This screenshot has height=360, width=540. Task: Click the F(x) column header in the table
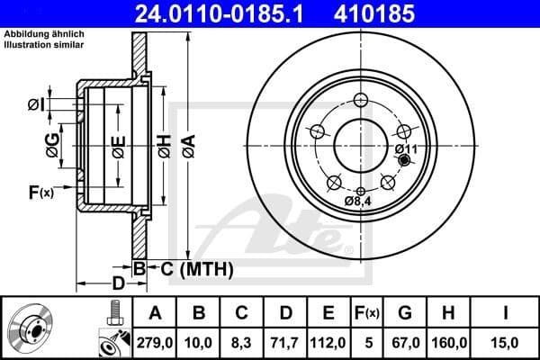(x=366, y=312)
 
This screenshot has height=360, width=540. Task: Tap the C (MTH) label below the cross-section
(x=193, y=268)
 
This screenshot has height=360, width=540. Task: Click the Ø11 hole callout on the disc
(x=404, y=148)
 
